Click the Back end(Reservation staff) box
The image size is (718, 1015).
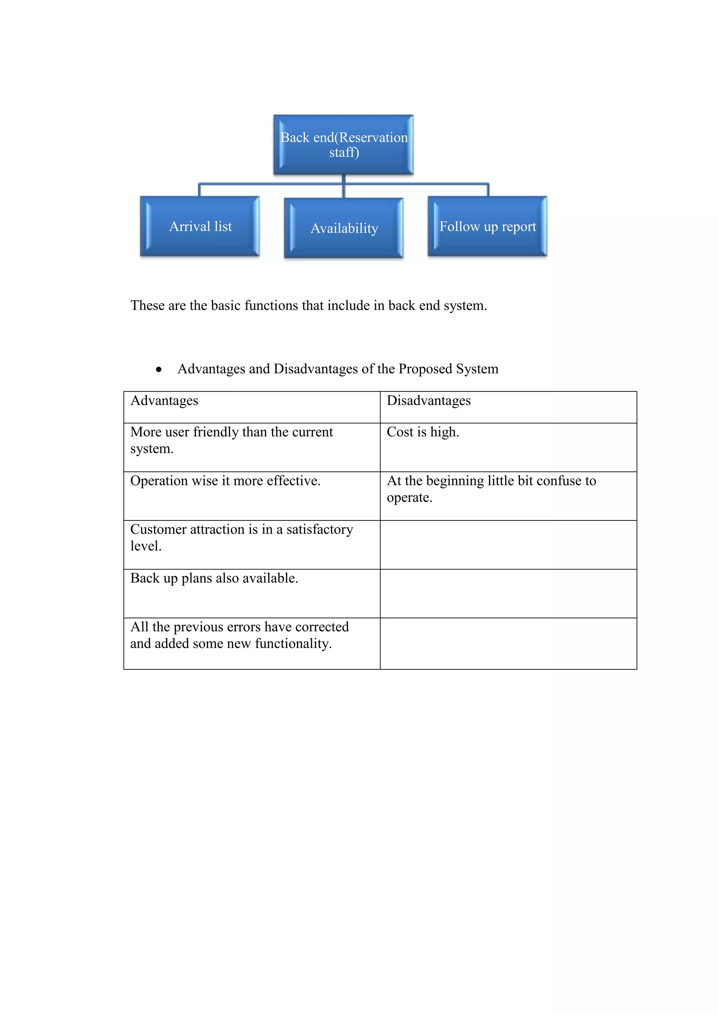click(344, 144)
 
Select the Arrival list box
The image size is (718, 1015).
click(200, 226)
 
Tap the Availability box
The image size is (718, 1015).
click(344, 228)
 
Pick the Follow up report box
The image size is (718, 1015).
click(487, 226)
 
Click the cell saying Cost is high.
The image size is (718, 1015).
click(508, 447)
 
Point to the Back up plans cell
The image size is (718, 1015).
click(252, 593)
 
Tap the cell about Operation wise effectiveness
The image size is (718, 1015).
click(252, 496)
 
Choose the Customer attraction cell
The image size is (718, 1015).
click(252, 545)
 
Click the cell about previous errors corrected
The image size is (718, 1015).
click(252, 643)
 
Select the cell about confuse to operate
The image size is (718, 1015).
click(508, 496)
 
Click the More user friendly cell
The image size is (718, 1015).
click(252, 447)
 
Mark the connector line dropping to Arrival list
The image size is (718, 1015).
click(199, 190)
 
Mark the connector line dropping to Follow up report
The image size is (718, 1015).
click(488, 190)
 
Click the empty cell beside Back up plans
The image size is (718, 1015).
click(508, 593)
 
